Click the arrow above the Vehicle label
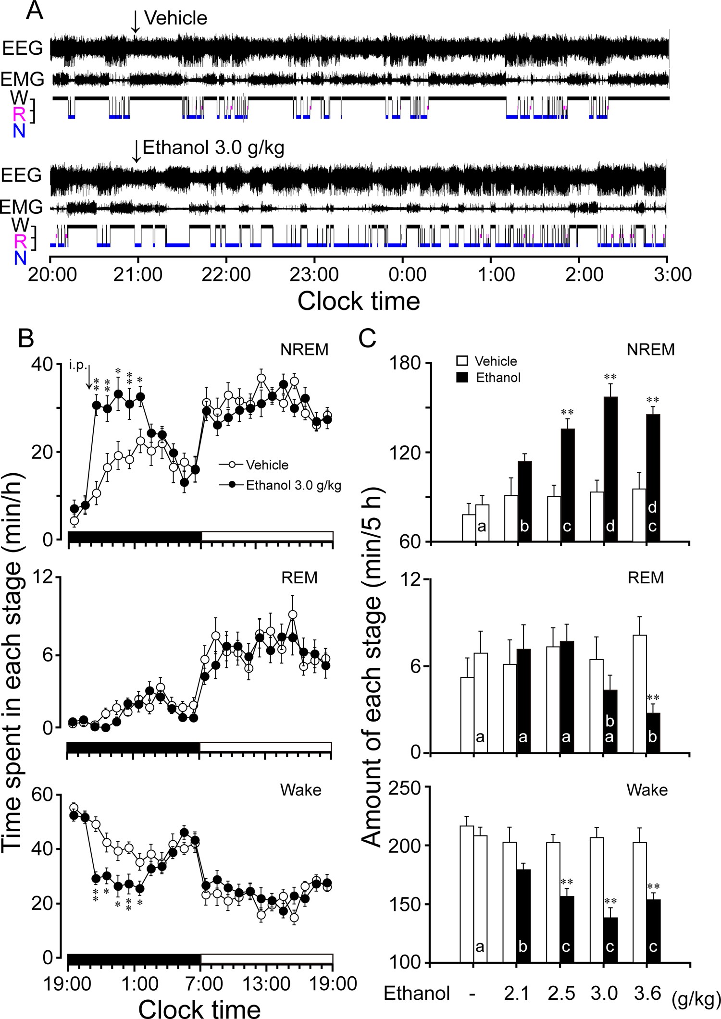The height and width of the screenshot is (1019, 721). coord(136,22)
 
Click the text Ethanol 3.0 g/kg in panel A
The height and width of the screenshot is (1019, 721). coord(213,147)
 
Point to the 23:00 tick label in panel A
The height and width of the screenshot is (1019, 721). coord(314,275)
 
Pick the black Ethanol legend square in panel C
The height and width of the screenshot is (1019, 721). coord(462,377)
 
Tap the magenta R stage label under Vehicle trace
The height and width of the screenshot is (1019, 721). coord(20,114)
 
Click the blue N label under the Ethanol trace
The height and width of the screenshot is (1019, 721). coord(20,258)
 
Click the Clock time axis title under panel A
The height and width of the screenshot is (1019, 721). coord(359,301)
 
